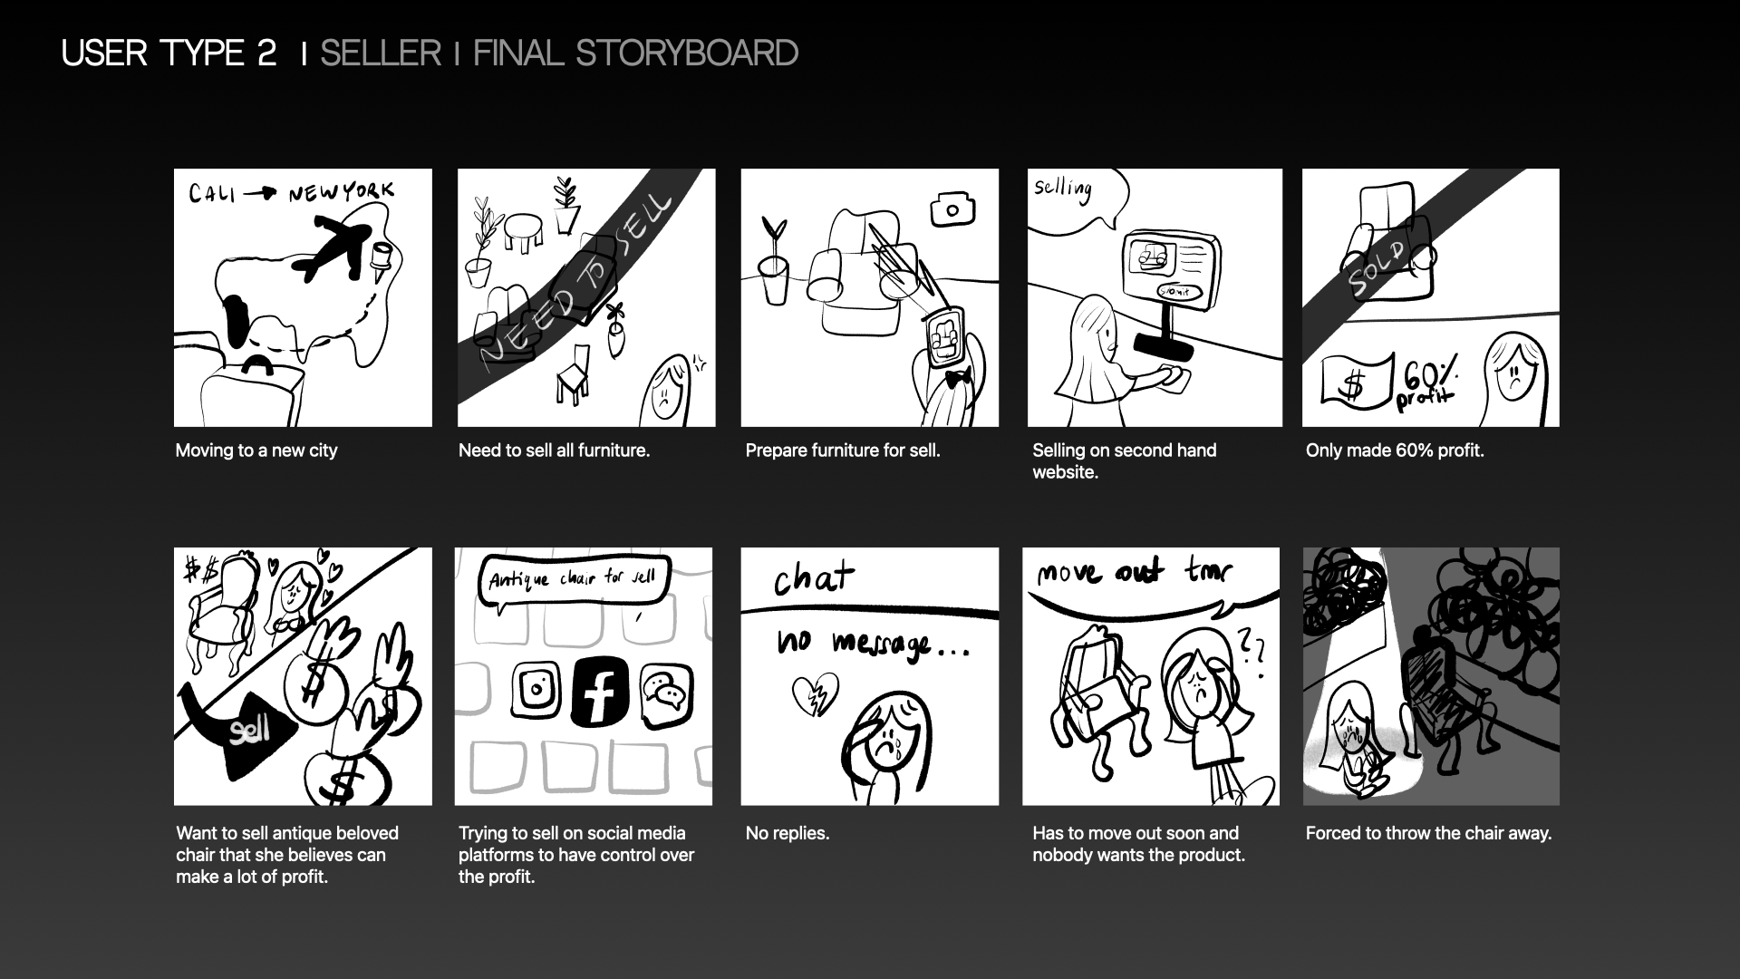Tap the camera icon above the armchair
tap(952, 209)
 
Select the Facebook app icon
tap(599, 691)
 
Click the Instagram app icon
tap(536, 690)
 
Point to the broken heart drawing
tap(815, 694)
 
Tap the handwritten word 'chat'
tap(814, 577)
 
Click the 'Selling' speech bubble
tap(1078, 199)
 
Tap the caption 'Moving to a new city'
tap(256, 451)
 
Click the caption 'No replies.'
tap(788, 833)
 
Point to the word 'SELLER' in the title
tap(381, 53)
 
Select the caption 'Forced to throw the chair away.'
tap(1428, 833)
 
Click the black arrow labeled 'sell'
tap(237, 728)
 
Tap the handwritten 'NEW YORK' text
tap(342, 192)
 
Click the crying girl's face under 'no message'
tap(890, 738)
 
